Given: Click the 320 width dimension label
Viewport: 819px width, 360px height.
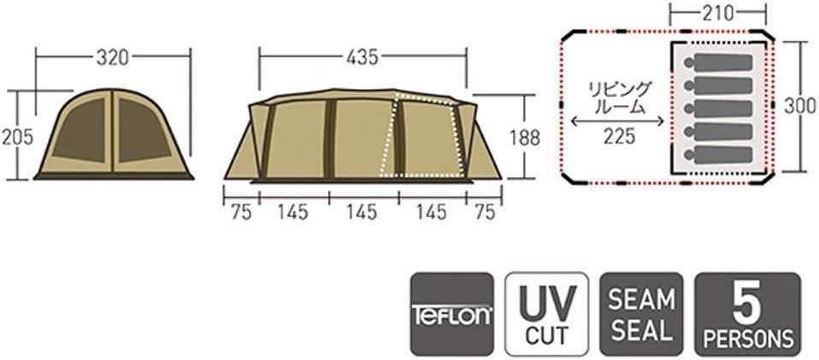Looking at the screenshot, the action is point(112,57).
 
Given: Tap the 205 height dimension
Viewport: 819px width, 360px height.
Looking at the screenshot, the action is point(17,137).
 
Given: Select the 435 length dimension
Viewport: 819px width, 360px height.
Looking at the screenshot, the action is point(362,57).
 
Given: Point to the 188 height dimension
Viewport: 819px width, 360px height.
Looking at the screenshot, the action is point(525,138).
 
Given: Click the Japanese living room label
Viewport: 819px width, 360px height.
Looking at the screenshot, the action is point(618,97).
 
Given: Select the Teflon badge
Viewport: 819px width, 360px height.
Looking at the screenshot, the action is point(452,314).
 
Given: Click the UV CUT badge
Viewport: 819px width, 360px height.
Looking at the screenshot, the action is point(547,314).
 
